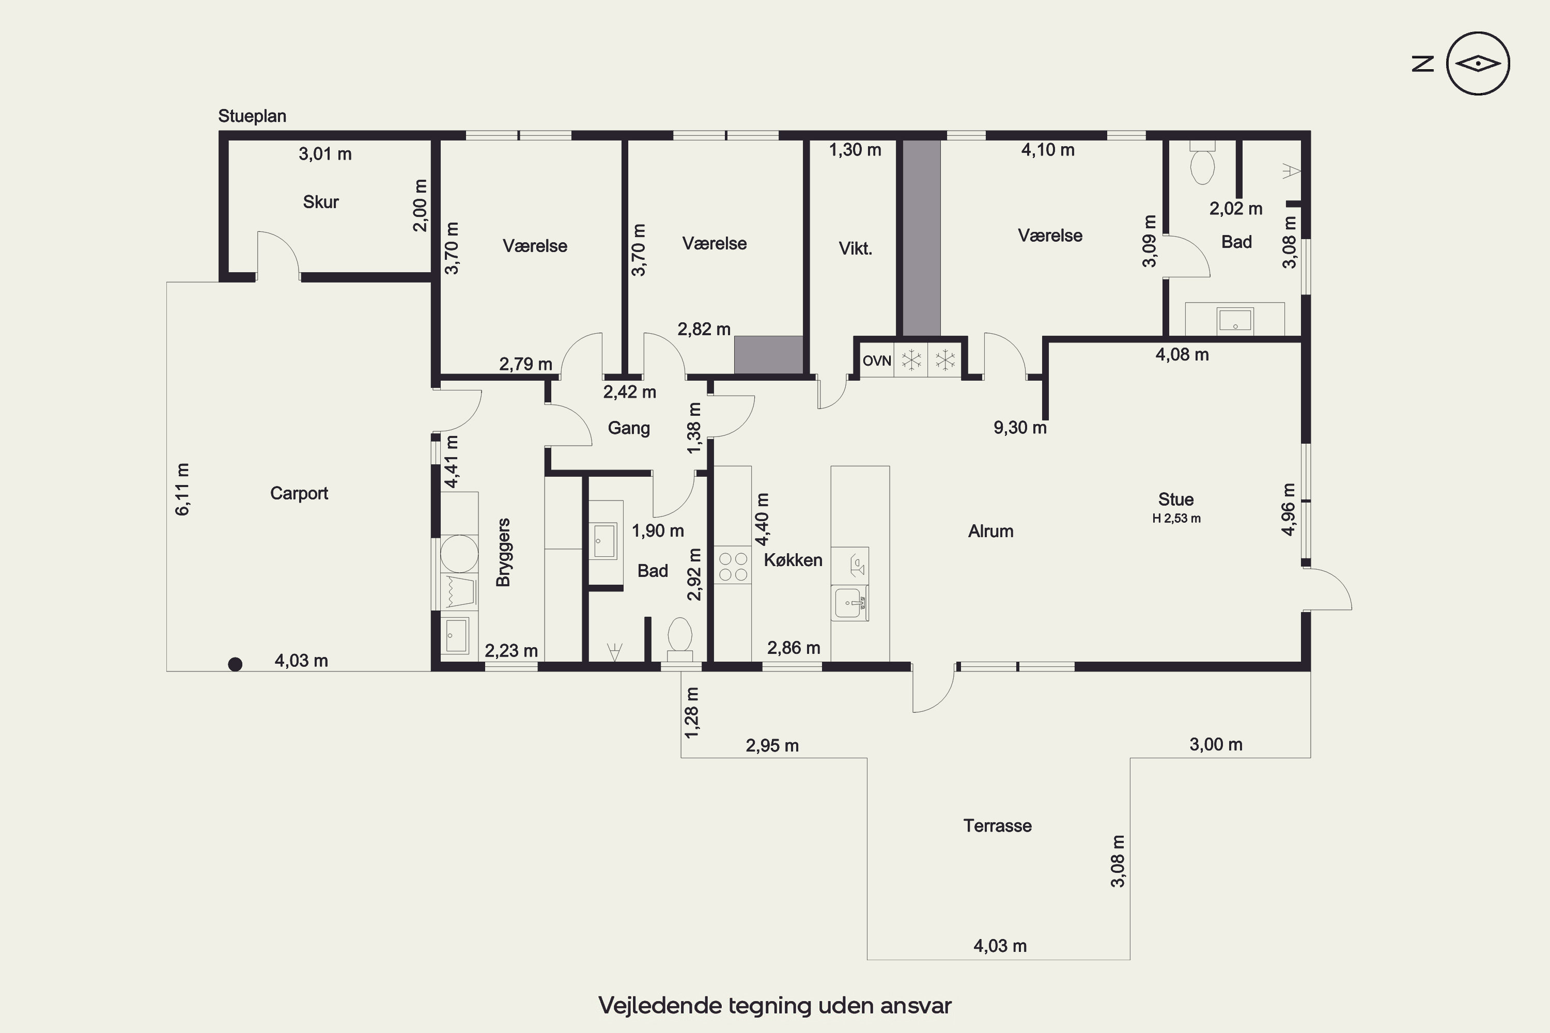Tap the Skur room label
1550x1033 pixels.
[x=321, y=201]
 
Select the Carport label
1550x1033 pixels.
[x=299, y=493]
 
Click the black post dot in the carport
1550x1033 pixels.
[x=235, y=664]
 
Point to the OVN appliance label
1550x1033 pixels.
[x=876, y=361]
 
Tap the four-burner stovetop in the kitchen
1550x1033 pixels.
[x=733, y=567]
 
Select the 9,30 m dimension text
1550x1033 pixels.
[x=1019, y=428]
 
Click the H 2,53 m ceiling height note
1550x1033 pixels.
[x=1176, y=519]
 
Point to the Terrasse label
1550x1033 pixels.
[x=997, y=826]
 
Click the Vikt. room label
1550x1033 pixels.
[x=856, y=248]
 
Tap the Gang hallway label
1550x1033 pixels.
[x=629, y=428]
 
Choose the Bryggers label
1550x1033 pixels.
[x=503, y=552]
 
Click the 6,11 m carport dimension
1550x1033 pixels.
[x=182, y=490]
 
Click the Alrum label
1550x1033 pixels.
[x=990, y=531]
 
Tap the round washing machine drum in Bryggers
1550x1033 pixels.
[x=459, y=553]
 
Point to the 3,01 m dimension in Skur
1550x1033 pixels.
[x=325, y=154]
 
